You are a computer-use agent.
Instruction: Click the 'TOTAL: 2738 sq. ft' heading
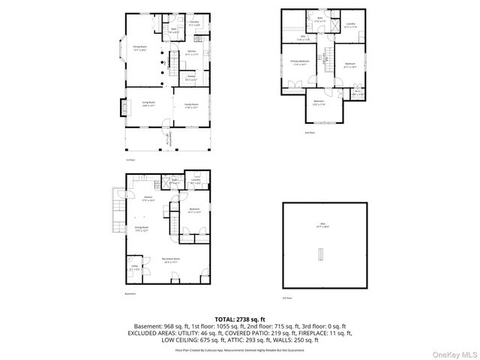click(240, 319)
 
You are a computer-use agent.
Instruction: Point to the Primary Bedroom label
click(300, 63)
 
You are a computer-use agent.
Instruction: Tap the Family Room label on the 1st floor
click(191, 106)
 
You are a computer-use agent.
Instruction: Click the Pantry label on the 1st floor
click(190, 78)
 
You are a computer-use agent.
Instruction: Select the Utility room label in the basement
click(134, 266)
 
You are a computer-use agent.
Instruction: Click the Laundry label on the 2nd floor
click(350, 25)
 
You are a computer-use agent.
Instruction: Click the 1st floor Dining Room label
click(139, 48)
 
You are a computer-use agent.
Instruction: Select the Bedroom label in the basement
click(193, 211)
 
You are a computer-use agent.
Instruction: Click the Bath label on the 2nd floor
click(319, 19)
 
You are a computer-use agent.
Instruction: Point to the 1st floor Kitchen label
click(191, 52)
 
